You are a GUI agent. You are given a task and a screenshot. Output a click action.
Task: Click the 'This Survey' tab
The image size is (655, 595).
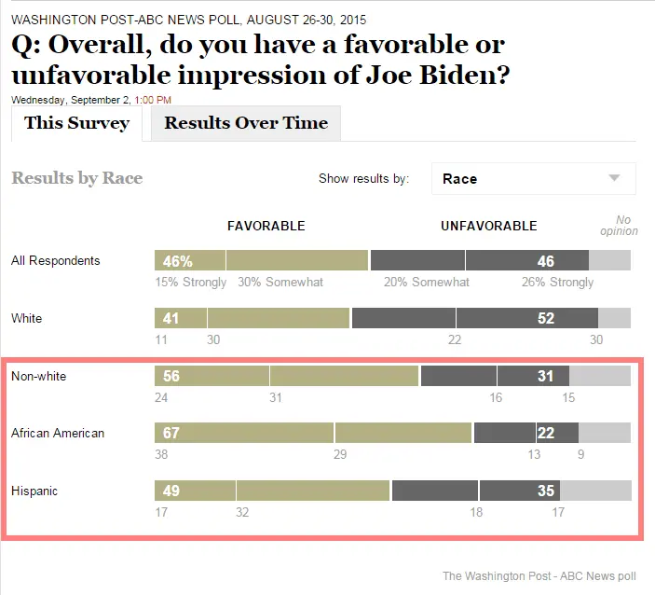point(76,123)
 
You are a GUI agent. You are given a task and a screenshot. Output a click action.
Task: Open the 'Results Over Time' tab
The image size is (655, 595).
point(246,123)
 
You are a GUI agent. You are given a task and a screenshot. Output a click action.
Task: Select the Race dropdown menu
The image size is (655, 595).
point(533,179)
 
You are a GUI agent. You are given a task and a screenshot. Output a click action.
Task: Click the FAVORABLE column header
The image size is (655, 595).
point(266,226)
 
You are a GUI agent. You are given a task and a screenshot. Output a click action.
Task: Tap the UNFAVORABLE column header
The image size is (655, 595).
point(488,226)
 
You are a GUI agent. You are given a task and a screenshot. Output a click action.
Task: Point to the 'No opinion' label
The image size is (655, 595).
point(619,226)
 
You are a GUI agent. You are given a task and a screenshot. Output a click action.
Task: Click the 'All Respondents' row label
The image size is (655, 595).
point(55,261)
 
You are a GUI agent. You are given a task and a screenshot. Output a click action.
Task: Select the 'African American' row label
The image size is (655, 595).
point(58,434)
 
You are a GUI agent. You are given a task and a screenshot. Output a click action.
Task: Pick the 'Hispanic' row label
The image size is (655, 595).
point(34,491)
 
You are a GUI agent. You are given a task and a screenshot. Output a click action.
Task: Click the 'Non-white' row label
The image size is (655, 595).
point(38,376)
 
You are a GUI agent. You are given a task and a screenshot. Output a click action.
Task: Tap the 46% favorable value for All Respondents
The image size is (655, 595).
point(177,261)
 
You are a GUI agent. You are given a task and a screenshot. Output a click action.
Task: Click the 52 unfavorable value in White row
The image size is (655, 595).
point(546,319)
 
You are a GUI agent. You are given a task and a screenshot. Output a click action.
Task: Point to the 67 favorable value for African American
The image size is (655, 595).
point(171,434)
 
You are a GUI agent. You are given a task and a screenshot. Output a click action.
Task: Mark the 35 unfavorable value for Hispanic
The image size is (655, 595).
point(546,491)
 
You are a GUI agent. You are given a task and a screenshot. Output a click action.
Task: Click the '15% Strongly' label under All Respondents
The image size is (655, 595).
point(191,282)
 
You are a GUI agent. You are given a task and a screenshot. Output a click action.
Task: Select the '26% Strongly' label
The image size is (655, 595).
point(558,282)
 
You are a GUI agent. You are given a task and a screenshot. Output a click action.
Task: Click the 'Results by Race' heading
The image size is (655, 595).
point(76,178)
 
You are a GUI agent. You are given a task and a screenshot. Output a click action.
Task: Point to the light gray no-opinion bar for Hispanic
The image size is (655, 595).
point(596,491)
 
